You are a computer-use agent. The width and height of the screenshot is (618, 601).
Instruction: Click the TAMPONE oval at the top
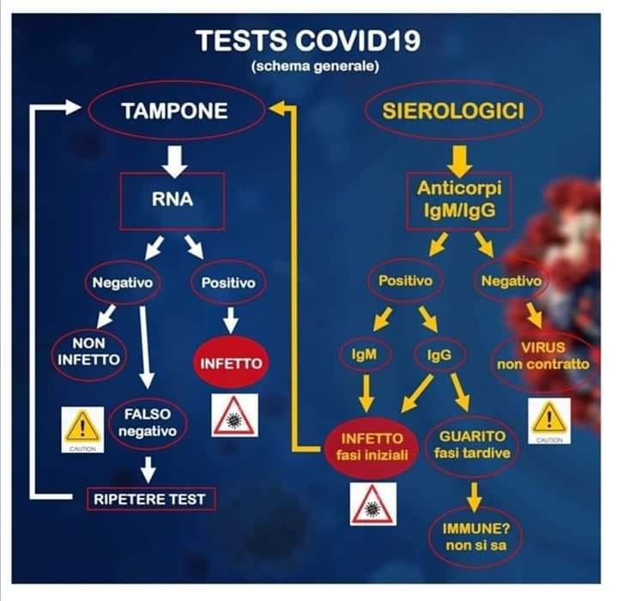pyautogui.click(x=176, y=111)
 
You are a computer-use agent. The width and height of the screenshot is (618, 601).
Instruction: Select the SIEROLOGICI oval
pyautogui.click(x=453, y=111)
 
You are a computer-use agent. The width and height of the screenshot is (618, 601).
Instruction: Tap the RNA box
pyautogui.click(x=173, y=201)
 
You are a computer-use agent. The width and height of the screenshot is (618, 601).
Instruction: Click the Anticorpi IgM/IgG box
pyautogui.click(x=459, y=200)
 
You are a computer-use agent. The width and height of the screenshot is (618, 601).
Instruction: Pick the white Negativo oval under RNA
pyautogui.click(x=123, y=282)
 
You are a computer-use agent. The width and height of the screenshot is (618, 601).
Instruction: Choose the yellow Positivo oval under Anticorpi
pyautogui.click(x=405, y=281)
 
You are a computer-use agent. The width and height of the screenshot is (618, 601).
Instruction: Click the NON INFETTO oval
pyautogui.click(x=89, y=352)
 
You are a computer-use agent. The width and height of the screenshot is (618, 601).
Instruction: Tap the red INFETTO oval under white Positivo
pyautogui.click(x=231, y=363)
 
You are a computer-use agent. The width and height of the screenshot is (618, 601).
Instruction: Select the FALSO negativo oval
pyautogui.click(x=148, y=422)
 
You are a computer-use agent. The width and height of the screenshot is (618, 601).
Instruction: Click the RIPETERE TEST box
pyautogui.click(x=151, y=499)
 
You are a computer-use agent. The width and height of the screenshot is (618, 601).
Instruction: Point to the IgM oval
pyautogui.click(x=365, y=354)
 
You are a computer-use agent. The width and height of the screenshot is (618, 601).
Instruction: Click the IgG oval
pyautogui.click(x=439, y=355)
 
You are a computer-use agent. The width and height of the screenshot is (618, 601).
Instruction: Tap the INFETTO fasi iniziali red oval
pyautogui.click(x=372, y=446)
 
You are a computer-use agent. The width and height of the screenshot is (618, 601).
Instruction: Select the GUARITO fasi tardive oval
pyautogui.click(x=472, y=445)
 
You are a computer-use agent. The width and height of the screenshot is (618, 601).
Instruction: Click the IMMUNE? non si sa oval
pyautogui.click(x=476, y=537)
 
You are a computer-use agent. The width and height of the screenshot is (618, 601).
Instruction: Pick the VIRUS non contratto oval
pyautogui.click(x=543, y=355)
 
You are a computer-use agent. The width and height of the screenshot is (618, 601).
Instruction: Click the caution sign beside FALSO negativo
pyautogui.click(x=82, y=430)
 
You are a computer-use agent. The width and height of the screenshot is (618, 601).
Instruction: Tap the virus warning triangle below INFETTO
pyautogui.click(x=235, y=416)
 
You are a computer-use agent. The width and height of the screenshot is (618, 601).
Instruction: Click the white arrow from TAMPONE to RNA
pyautogui.click(x=174, y=161)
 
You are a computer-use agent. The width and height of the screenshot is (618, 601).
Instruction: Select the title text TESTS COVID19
pyautogui.click(x=308, y=41)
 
